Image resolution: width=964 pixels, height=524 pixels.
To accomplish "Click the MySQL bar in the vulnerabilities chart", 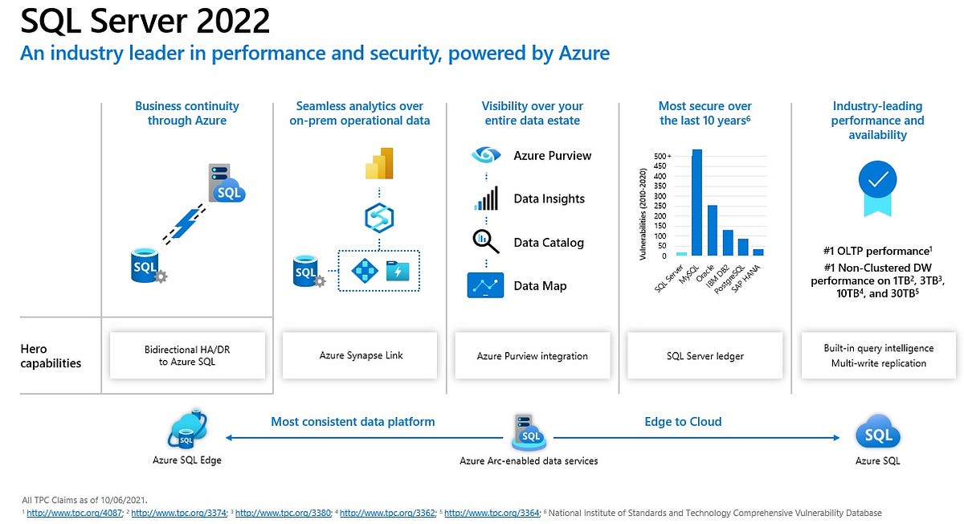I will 696,203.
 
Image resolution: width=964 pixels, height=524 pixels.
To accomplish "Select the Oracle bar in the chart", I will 712,230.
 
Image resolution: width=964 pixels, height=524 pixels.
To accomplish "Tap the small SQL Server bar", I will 681,254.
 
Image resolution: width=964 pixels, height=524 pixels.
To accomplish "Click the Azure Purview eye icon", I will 486,156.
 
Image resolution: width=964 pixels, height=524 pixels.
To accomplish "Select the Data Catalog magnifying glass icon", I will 485,241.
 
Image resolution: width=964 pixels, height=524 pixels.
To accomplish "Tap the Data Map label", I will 540,286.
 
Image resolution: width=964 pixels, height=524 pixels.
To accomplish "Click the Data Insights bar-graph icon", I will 486,199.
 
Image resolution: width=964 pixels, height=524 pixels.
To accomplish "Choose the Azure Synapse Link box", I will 360,355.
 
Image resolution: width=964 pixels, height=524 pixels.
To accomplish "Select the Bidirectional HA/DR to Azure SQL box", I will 187,355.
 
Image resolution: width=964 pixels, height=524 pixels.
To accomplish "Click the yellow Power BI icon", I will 378,163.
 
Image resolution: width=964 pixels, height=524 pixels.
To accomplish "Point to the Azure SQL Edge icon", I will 186,432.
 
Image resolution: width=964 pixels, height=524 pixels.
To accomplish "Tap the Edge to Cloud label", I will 683,421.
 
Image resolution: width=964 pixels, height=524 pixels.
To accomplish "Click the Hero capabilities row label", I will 50,356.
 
